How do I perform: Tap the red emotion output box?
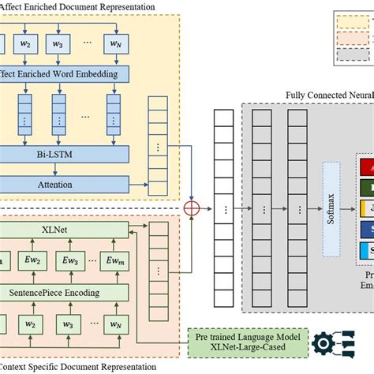pyautogui.click(x=367, y=167)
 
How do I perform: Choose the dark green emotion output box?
pyautogui.click(x=367, y=188)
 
